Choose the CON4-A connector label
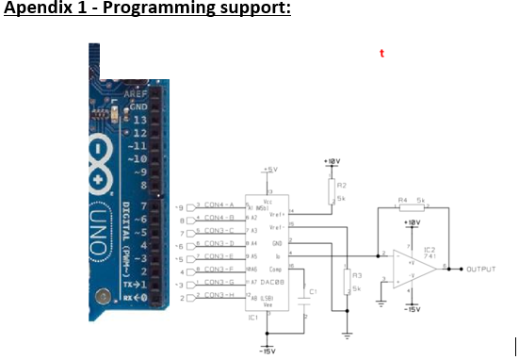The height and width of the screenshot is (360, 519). click(219, 205)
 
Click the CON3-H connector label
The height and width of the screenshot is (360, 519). click(219, 295)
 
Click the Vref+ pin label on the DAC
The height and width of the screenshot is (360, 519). click(278, 214)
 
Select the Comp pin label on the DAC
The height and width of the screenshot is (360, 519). click(278, 269)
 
